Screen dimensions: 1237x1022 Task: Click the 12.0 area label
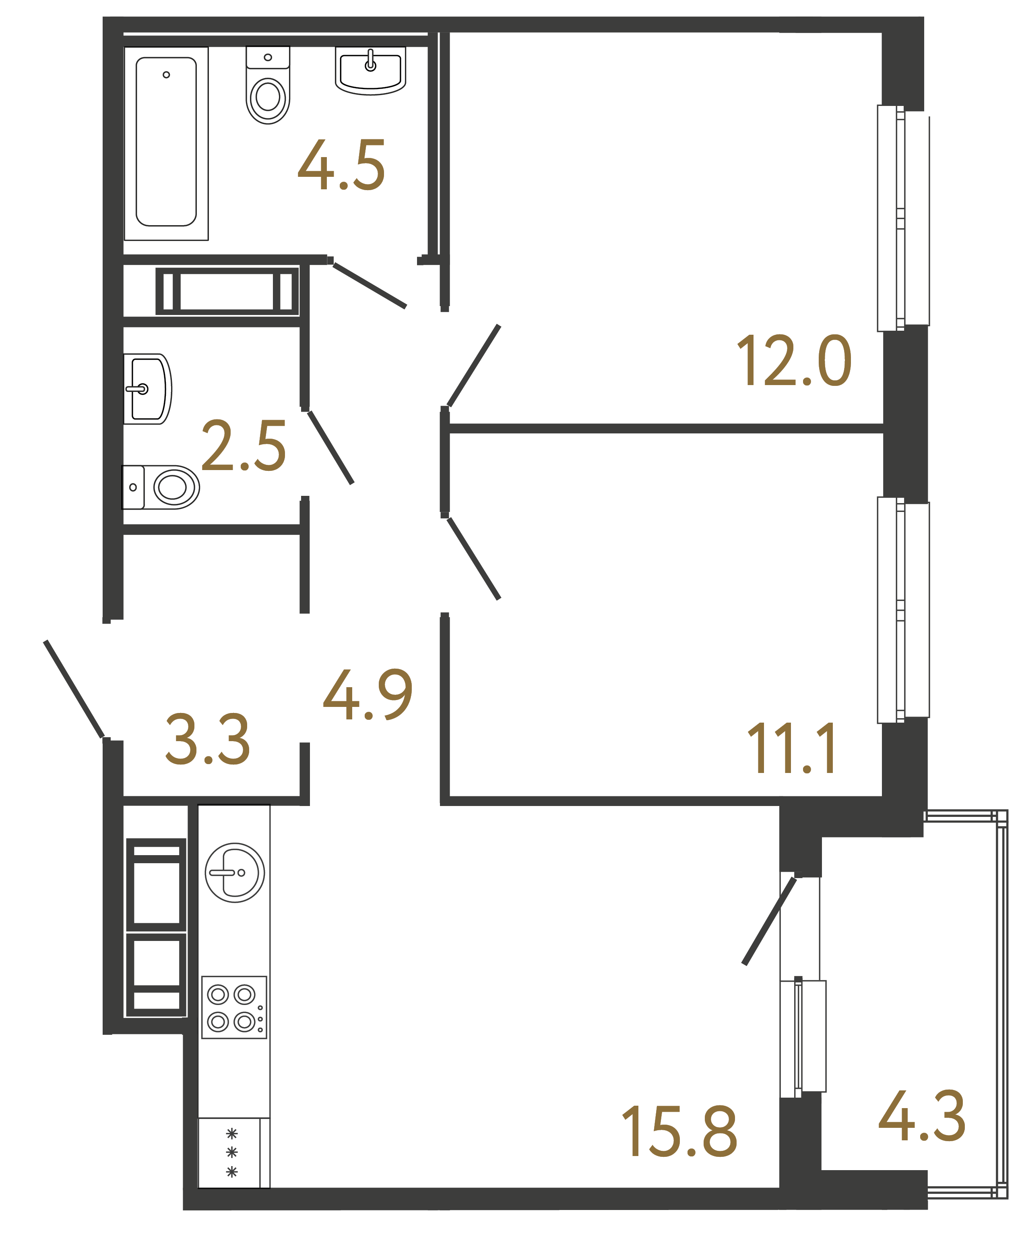click(x=794, y=361)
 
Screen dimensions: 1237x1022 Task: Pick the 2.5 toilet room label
click(x=244, y=446)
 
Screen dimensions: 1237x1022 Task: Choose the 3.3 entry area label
click(x=208, y=740)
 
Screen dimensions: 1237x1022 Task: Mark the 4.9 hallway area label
click(x=368, y=695)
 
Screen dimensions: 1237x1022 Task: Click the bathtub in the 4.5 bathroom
click(x=166, y=143)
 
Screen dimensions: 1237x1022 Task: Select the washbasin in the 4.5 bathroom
click(x=370, y=70)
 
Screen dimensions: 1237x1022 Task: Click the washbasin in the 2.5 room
click(x=147, y=389)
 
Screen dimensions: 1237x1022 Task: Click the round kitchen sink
click(x=235, y=872)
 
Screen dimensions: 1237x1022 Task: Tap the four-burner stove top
click(x=234, y=1007)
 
